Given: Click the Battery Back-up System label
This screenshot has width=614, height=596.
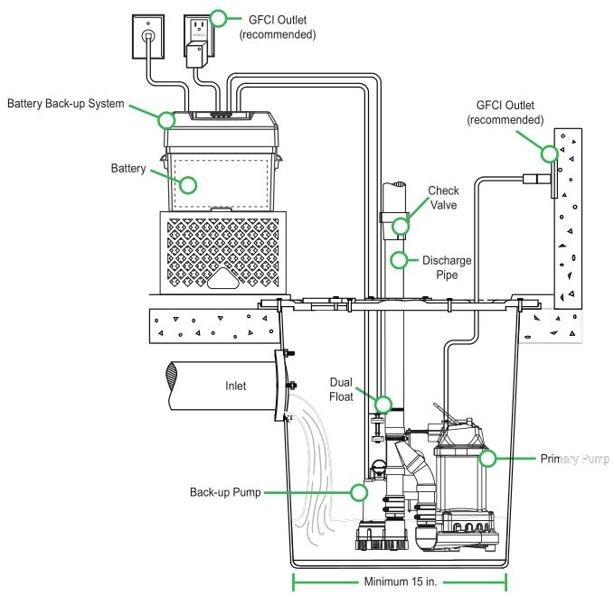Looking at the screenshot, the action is pyautogui.click(x=66, y=104).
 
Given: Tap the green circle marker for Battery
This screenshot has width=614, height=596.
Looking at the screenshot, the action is pyautogui.click(x=188, y=185).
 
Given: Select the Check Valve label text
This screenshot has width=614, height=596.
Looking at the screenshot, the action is pyautogui.click(x=443, y=198).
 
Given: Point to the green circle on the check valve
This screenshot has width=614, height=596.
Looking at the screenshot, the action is pyautogui.click(x=401, y=226).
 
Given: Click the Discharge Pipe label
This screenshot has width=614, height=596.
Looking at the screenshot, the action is pyautogui.click(x=447, y=268).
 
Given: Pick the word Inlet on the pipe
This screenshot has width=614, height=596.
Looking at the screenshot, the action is pyautogui.click(x=235, y=386).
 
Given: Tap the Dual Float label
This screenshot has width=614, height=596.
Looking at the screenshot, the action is pyautogui.click(x=341, y=389).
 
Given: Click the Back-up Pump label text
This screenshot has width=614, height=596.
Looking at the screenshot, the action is pyautogui.click(x=225, y=492).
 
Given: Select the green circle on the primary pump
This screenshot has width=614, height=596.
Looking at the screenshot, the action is pyautogui.click(x=487, y=459).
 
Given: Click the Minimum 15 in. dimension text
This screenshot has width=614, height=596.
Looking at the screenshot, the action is pyautogui.click(x=401, y=582).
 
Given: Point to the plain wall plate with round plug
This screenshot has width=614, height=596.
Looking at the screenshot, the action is pyautogui.click(x=148, y=36).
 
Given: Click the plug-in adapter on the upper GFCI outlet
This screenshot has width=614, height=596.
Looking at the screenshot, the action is pyautogui.click(x=195, y=54).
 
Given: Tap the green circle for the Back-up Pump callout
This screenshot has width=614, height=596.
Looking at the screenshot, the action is pyautogui.click(x=359, y=492).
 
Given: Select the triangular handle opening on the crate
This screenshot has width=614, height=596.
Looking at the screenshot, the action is pyautogui.click(x=223, y=279).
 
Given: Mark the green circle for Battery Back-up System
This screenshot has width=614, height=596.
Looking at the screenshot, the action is pyautogui.click(x=166, y=120).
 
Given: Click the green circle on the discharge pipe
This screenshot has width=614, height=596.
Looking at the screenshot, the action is pyautogui.click(x=399, y=260).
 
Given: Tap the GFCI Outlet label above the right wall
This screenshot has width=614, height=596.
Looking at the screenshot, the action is pyautogui.click(x=505, y=112).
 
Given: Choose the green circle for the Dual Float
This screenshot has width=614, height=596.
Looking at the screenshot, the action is pyautogui.click(x=383, y=405).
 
